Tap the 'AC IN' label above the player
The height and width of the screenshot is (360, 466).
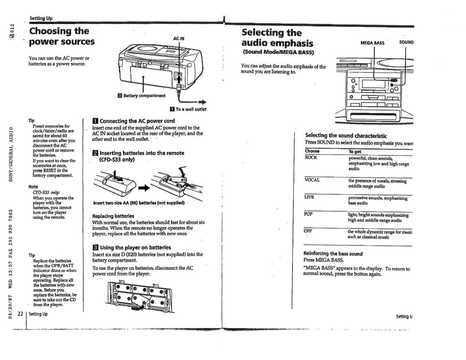click(179, 38)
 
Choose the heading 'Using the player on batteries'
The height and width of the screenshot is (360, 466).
click(132, 247)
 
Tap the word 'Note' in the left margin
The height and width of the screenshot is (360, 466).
click(33, 186)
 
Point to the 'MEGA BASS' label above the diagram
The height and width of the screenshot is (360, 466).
click(372, 43)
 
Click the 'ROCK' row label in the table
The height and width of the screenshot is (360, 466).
click(312, 158)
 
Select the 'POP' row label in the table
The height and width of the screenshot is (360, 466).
click(309, 214)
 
